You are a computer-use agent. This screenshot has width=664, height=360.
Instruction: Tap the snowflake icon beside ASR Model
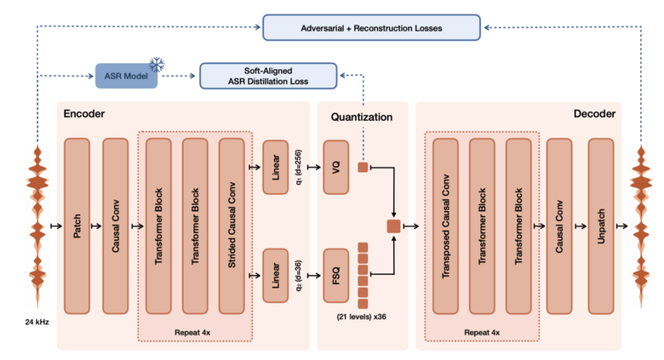pos(156,66)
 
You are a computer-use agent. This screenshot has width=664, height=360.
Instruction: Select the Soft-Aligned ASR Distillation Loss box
pos(267,75)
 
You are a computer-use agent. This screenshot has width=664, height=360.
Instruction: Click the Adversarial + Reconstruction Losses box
pos(370,27)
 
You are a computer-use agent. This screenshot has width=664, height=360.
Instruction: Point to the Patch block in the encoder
pos(77,226)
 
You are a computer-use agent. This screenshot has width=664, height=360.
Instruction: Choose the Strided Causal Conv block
pos(232,226)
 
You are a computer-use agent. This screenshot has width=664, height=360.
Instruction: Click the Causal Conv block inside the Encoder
pos(115,226)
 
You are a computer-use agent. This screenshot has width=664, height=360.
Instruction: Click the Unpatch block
pos(601,226)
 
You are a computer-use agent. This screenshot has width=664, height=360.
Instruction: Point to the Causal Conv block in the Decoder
pos(559,226)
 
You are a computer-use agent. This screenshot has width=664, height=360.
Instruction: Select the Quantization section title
pos(363,117)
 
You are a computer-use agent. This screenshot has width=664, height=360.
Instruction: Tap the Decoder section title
pos(594,113)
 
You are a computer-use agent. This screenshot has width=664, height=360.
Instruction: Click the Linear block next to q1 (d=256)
pos(276,167)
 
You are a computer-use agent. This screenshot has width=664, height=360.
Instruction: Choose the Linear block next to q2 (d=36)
pos(276,275)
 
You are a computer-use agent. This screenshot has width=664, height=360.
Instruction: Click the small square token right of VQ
pos(363,167)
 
